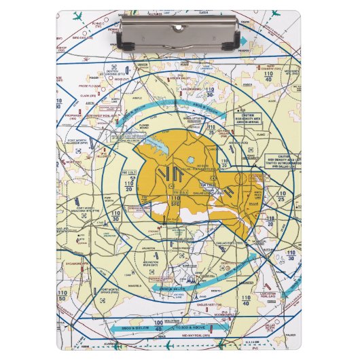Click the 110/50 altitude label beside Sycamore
63,296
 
